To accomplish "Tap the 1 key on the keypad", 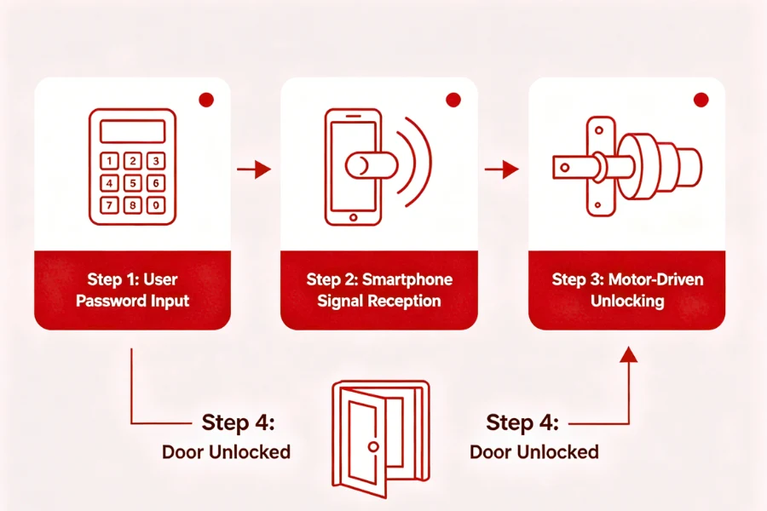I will point(110,161).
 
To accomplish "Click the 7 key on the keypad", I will point(110,204).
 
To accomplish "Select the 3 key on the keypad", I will point(154,161).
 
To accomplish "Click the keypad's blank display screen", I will point(132,130).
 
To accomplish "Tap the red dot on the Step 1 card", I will point(205,100).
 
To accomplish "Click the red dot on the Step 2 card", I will point(453,100).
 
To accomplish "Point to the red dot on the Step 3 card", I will point(701,100).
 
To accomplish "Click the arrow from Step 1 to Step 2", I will point(254,170).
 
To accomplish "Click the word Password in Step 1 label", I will point(110,301).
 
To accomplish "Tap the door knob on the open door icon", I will point(372,446).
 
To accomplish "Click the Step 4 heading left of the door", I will point(239,423).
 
